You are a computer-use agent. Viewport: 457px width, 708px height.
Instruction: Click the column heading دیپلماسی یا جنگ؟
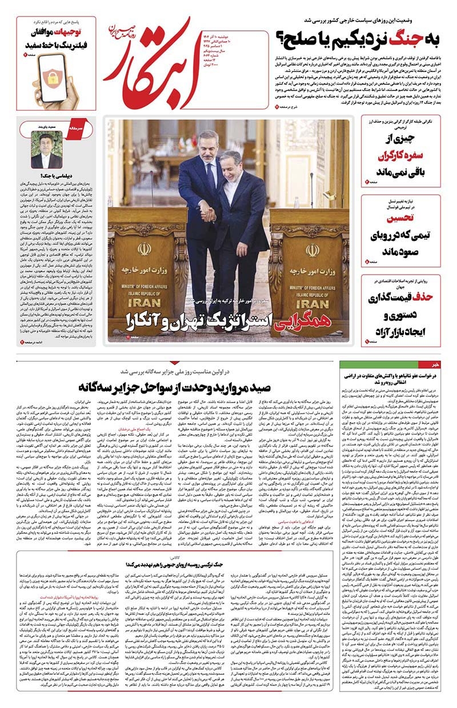pyautogui.click(x=49, y=177)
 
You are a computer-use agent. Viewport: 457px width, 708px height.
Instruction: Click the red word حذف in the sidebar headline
pyautogui.click(x=428, y=296)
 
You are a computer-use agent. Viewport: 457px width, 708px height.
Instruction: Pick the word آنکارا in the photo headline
pyautogui.click(x=146, y=320)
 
